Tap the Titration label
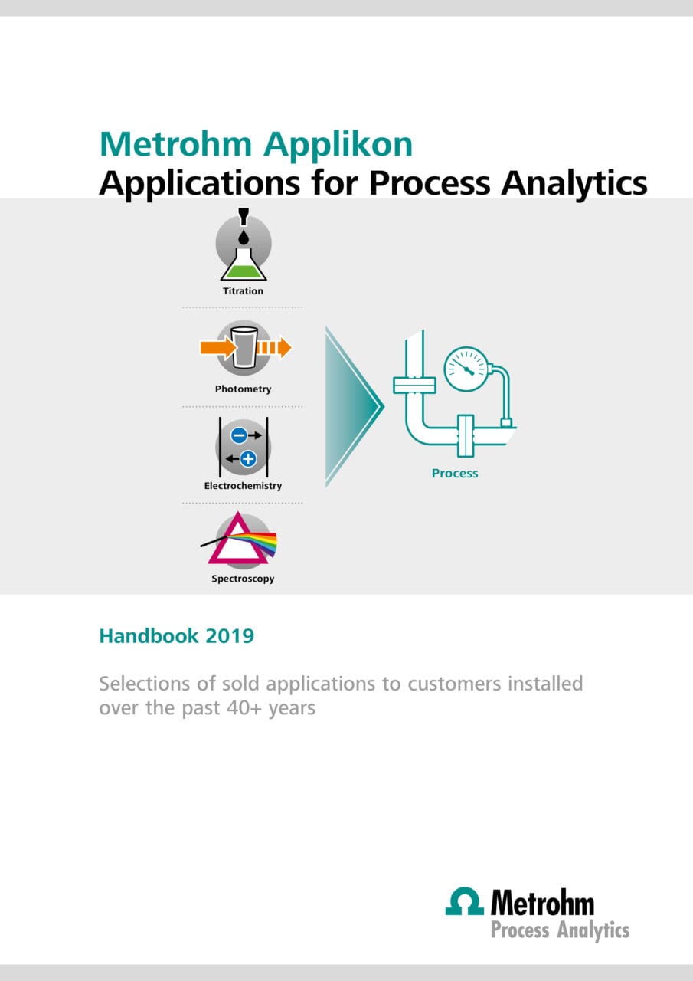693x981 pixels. [x=243, y=291]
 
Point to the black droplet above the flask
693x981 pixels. [x=244, y=238]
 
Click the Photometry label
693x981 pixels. [x=243, y=389]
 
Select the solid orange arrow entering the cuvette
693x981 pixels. [x=218, y=348]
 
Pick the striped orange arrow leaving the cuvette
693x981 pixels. [x=274, y=348]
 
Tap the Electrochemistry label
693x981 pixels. [x=243, y=486]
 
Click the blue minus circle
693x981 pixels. [x=239, y=435]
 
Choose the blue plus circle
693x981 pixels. [x=248, y=459]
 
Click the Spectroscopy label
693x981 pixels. [x=243, y=579]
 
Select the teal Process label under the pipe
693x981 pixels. [x=455, y=474]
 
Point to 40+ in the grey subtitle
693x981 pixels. [x=244, y=707]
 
